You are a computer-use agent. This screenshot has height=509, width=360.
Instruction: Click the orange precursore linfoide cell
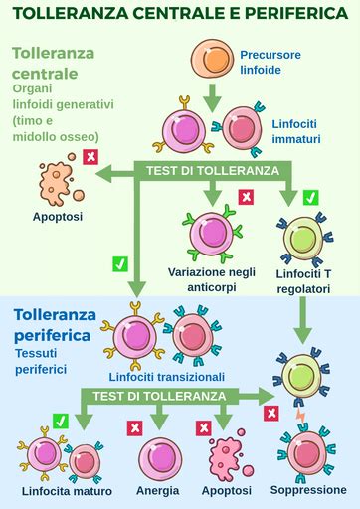211,61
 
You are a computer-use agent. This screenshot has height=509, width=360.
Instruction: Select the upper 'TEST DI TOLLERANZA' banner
213,170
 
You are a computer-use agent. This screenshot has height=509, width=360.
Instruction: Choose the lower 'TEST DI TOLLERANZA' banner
159,395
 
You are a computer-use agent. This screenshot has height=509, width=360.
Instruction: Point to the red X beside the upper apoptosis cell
90,157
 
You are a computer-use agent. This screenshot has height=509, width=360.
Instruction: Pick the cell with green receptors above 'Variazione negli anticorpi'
212,233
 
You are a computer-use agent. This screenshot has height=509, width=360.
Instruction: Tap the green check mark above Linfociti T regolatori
310,197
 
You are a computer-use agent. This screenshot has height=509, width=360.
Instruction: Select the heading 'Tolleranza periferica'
67,326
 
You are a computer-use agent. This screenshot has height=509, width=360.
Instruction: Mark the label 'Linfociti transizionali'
167,377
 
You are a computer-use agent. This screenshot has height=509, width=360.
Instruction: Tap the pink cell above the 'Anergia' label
158,457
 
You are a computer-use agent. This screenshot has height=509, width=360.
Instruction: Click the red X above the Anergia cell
133,427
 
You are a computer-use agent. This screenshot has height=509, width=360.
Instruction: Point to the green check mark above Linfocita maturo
60,423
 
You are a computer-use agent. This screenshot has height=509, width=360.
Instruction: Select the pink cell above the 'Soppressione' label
307,454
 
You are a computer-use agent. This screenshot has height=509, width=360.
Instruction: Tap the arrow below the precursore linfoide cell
211,95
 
